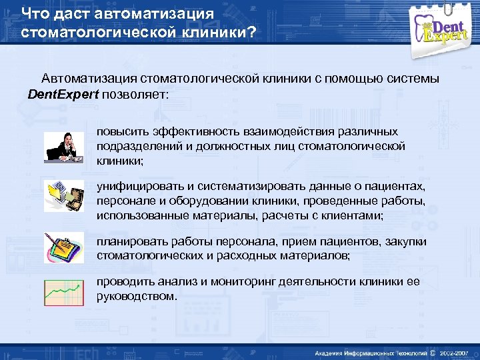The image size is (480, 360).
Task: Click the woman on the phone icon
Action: tap(64, 147)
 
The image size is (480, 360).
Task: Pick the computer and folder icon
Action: tap(64, 196)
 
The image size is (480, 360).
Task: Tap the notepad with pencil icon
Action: tap(64, 247)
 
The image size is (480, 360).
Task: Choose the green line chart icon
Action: tap(64, 292)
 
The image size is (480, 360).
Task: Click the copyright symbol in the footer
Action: tap(433, 352)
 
